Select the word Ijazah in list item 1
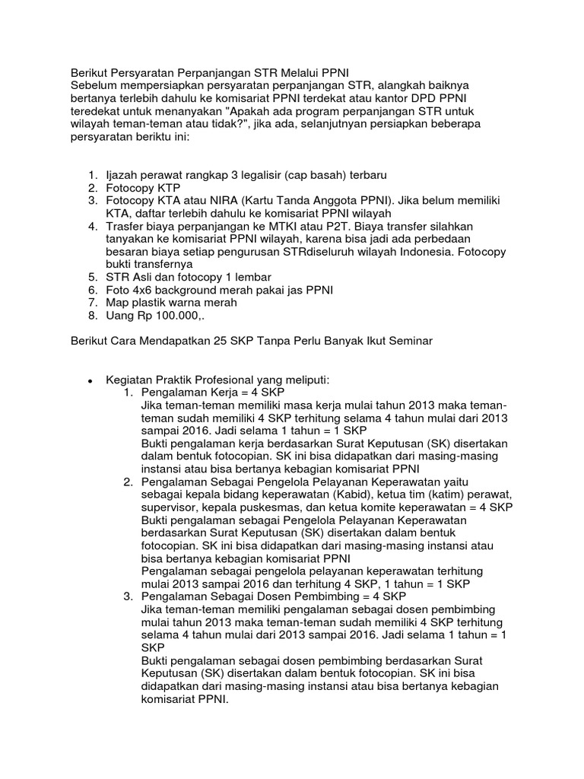[x=122, y=173]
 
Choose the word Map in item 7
[x=118, y=303]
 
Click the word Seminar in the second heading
[x=410, y=342]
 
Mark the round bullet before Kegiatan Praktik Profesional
[x=90, y=380]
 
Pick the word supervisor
[x=170, y=507]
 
